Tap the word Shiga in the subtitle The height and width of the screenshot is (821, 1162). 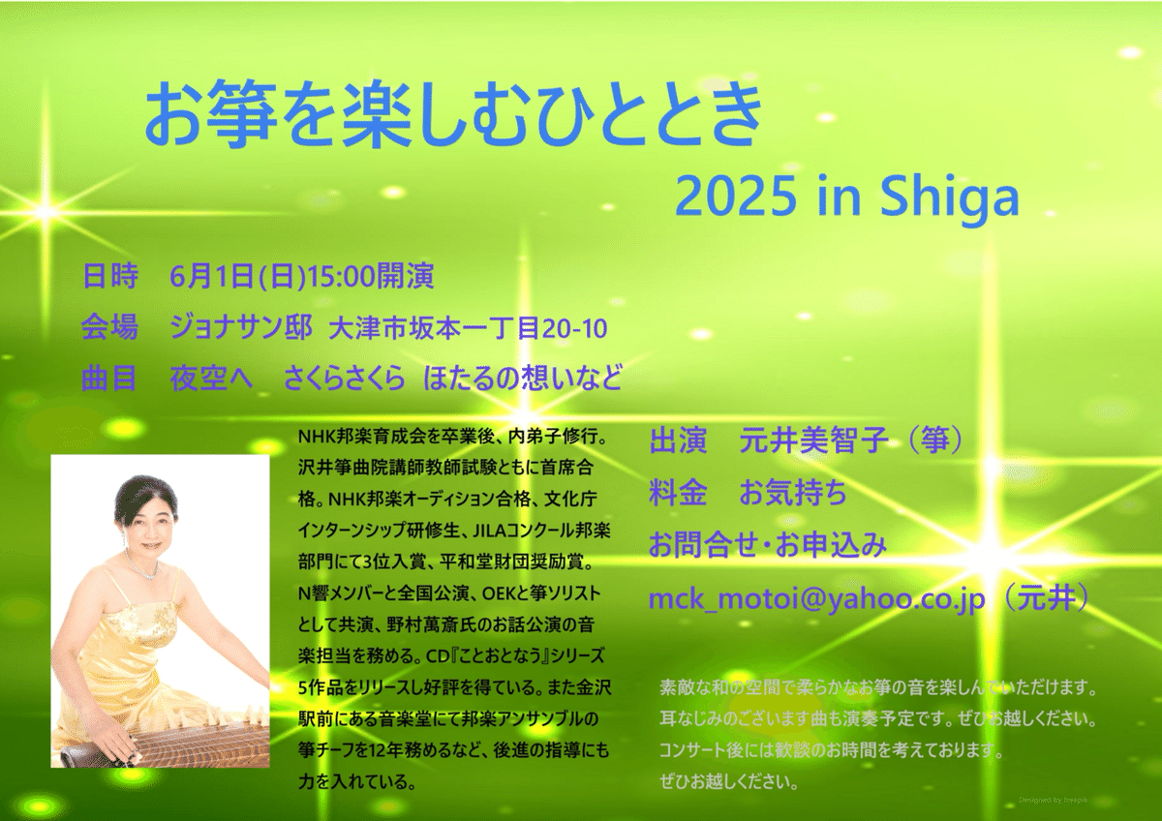coord(949,198)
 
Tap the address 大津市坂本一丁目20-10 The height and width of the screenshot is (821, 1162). coord(468,328)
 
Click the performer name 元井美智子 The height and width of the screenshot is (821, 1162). coord(813,441)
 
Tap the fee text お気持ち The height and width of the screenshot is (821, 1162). coord(793,493)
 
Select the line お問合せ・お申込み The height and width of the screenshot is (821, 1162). coord(768,545)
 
